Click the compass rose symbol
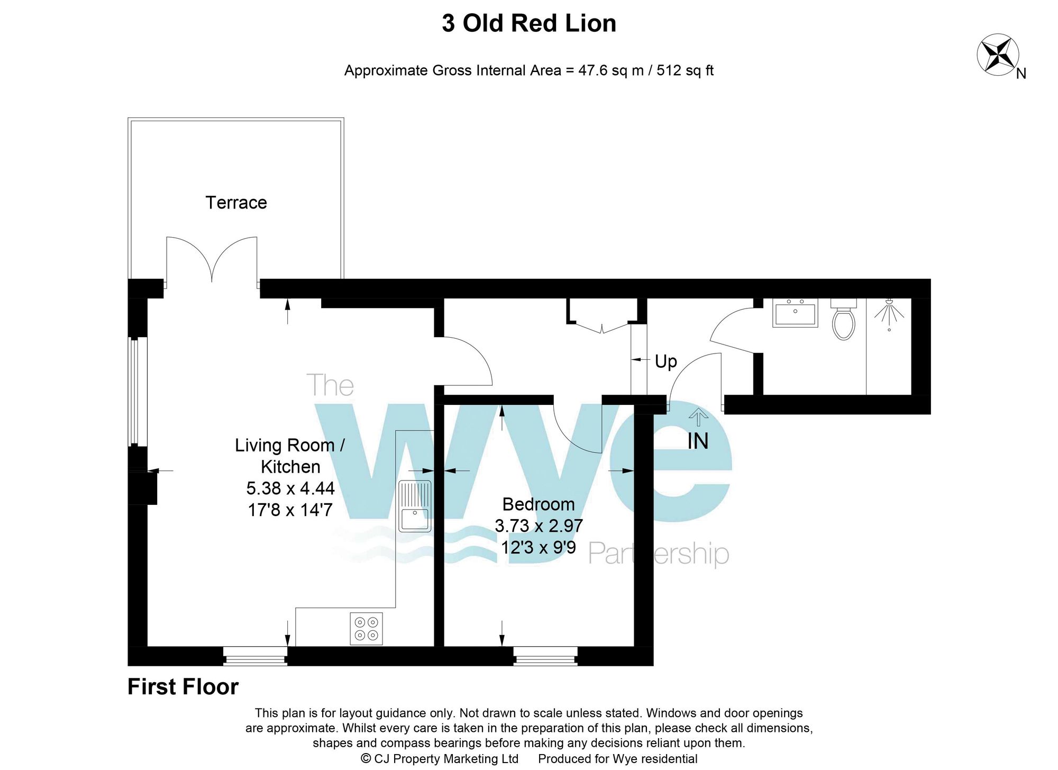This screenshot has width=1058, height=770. tap(998, 54)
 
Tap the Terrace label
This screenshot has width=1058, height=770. tap(236, 203)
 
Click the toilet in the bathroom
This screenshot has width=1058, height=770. tap(844, 320)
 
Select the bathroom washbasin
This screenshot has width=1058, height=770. tap(795, 313)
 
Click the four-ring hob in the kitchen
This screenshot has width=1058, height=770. tap(366, 629)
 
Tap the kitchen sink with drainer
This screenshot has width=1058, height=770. tap(415, 506)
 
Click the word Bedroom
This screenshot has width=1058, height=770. tap(538, 504)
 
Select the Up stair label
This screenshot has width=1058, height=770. tap(665, 361)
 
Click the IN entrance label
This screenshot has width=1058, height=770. tap(698, 441)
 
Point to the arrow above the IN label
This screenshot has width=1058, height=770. tap(698, 417)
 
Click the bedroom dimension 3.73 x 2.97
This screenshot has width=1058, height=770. tap(539, 526)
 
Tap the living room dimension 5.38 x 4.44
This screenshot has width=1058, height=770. tap(290, 488)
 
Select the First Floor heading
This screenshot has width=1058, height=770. tap(183, 687)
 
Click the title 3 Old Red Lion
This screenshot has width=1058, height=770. tap(529, 24)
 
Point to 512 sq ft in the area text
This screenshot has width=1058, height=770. tap(685, 70)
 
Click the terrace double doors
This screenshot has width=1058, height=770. tap(212, 259)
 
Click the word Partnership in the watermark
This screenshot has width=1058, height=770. tap(659, 554)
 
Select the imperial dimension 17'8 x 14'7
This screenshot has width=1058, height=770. tap(290, 510)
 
